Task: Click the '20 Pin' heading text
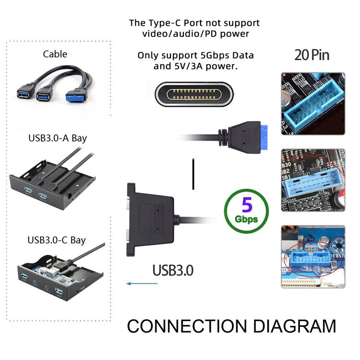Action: tap(312, 54)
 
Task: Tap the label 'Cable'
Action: tap(55, 54)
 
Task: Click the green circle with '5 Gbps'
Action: tap(246, 210)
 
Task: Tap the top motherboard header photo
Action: tap(312, 103)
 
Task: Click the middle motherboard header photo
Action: tap(312, 180)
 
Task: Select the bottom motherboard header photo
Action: tap(312, 257)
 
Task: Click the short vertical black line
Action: tap(192, 174)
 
